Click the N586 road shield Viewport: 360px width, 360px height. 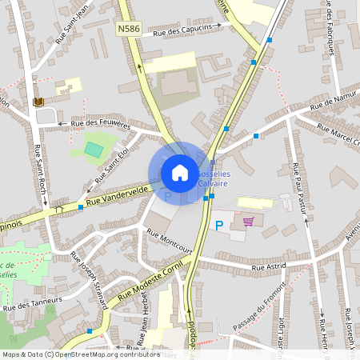pos(128,29)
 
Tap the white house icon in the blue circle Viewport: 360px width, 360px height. pos(180,172)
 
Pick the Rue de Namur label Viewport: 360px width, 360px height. pos(332,101)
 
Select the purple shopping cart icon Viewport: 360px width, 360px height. pos(248,222)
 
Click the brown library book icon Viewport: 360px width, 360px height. pos(38,102)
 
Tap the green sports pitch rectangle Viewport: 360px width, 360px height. pos(94,149)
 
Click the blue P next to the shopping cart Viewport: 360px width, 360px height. pos(219,226)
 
